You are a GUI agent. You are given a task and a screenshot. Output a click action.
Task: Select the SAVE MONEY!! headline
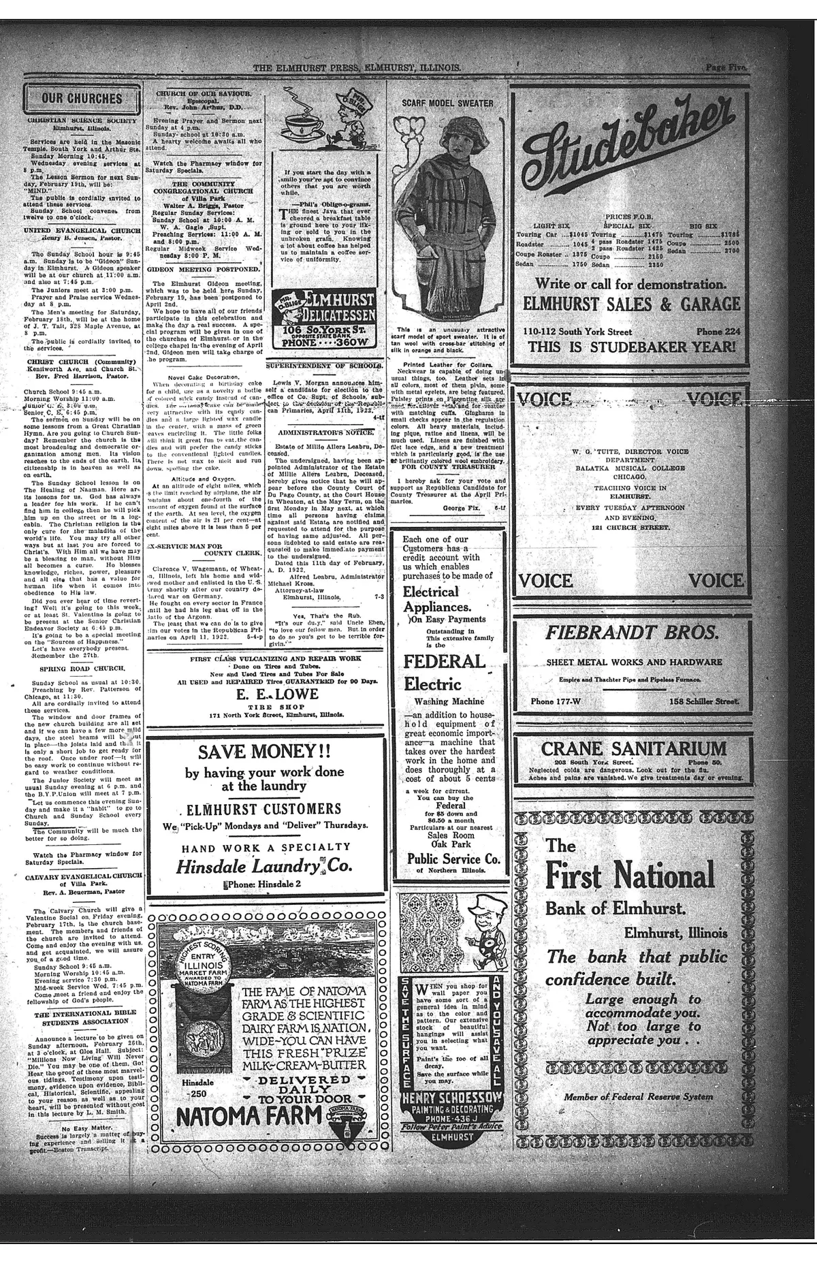click(x=265, y=753)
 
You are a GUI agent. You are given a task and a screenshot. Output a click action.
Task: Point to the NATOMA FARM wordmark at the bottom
click(x=249, y=1117)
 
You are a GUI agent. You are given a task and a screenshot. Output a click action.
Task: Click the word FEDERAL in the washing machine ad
click(x=444, y=661)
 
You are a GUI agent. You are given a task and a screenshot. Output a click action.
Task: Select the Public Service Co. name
click(x=453, y=859)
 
